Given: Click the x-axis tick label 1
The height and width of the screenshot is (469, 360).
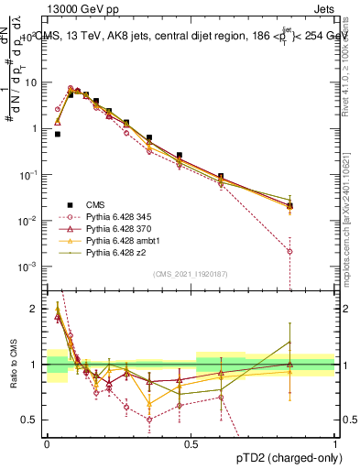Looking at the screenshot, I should [335, 442].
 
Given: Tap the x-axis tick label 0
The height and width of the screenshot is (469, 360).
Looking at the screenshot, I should [47, 442].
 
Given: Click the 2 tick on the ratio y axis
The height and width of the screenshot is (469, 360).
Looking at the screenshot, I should [35, 310].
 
